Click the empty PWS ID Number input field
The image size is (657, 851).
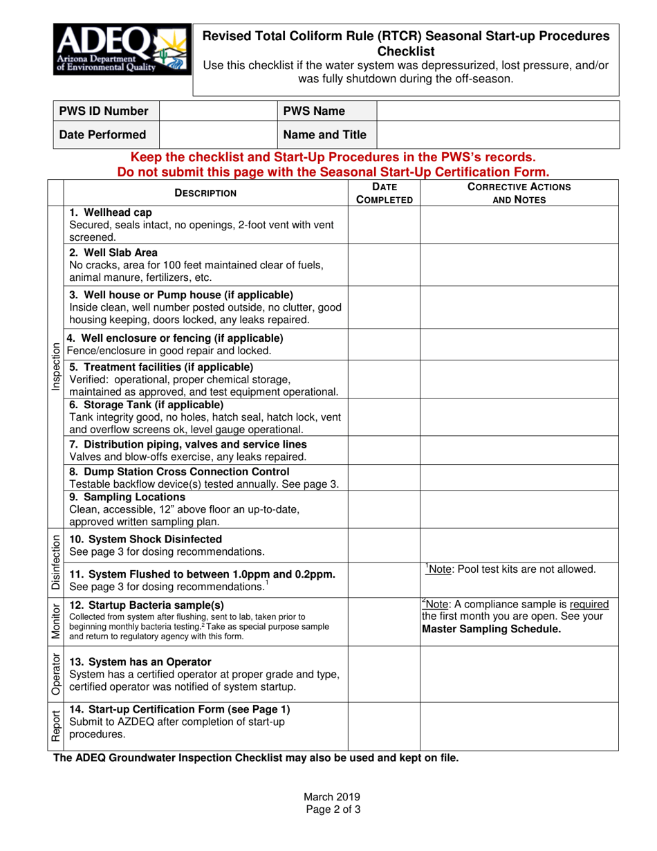[218, 111]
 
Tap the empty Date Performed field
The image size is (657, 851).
[218, 135]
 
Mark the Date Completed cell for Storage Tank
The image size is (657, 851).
[384, 416]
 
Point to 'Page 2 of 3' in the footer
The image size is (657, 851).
[328, 808]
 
